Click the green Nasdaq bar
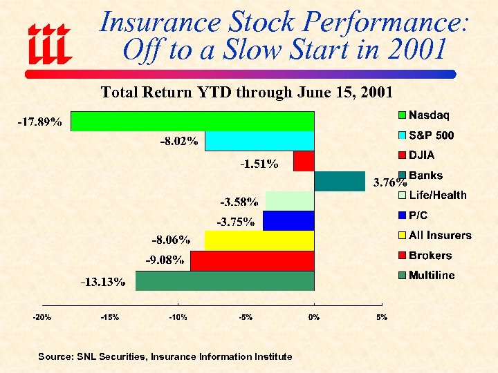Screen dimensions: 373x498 click(192, 122)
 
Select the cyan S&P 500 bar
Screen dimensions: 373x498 click(259, 142)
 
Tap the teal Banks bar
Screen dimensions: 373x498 click(339, 181)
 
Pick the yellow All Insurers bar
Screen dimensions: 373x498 click(259, 240)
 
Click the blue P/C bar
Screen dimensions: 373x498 click(288, 221)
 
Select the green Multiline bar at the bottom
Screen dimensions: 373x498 click(225, 280)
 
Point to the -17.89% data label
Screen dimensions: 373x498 click(39, 122)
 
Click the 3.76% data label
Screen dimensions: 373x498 click(390, 183)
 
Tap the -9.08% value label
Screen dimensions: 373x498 click(165, 260)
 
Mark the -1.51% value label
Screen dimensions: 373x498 click(259, 164)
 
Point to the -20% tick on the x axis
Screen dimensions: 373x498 click(43, 317)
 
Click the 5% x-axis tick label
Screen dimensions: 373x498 click(382, 317)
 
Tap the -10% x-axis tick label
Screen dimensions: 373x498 click(178, 317)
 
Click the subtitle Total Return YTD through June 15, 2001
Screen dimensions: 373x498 click(247, 92)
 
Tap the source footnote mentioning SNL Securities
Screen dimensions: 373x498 click(165, 356)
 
